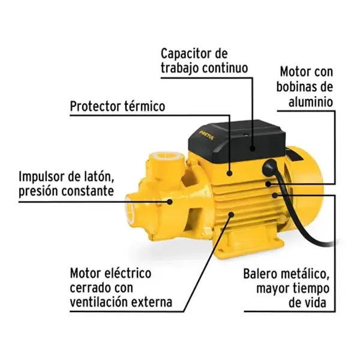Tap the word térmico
click(x=145, y=106)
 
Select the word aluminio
click(x=311, y=102)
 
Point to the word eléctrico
click(x=128, y=273)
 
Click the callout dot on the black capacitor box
click(x=253, y=149)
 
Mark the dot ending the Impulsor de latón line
click(x=169, y=202)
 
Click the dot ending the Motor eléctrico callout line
click(x=231, y=215)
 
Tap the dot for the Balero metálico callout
click(x=275, y=195)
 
